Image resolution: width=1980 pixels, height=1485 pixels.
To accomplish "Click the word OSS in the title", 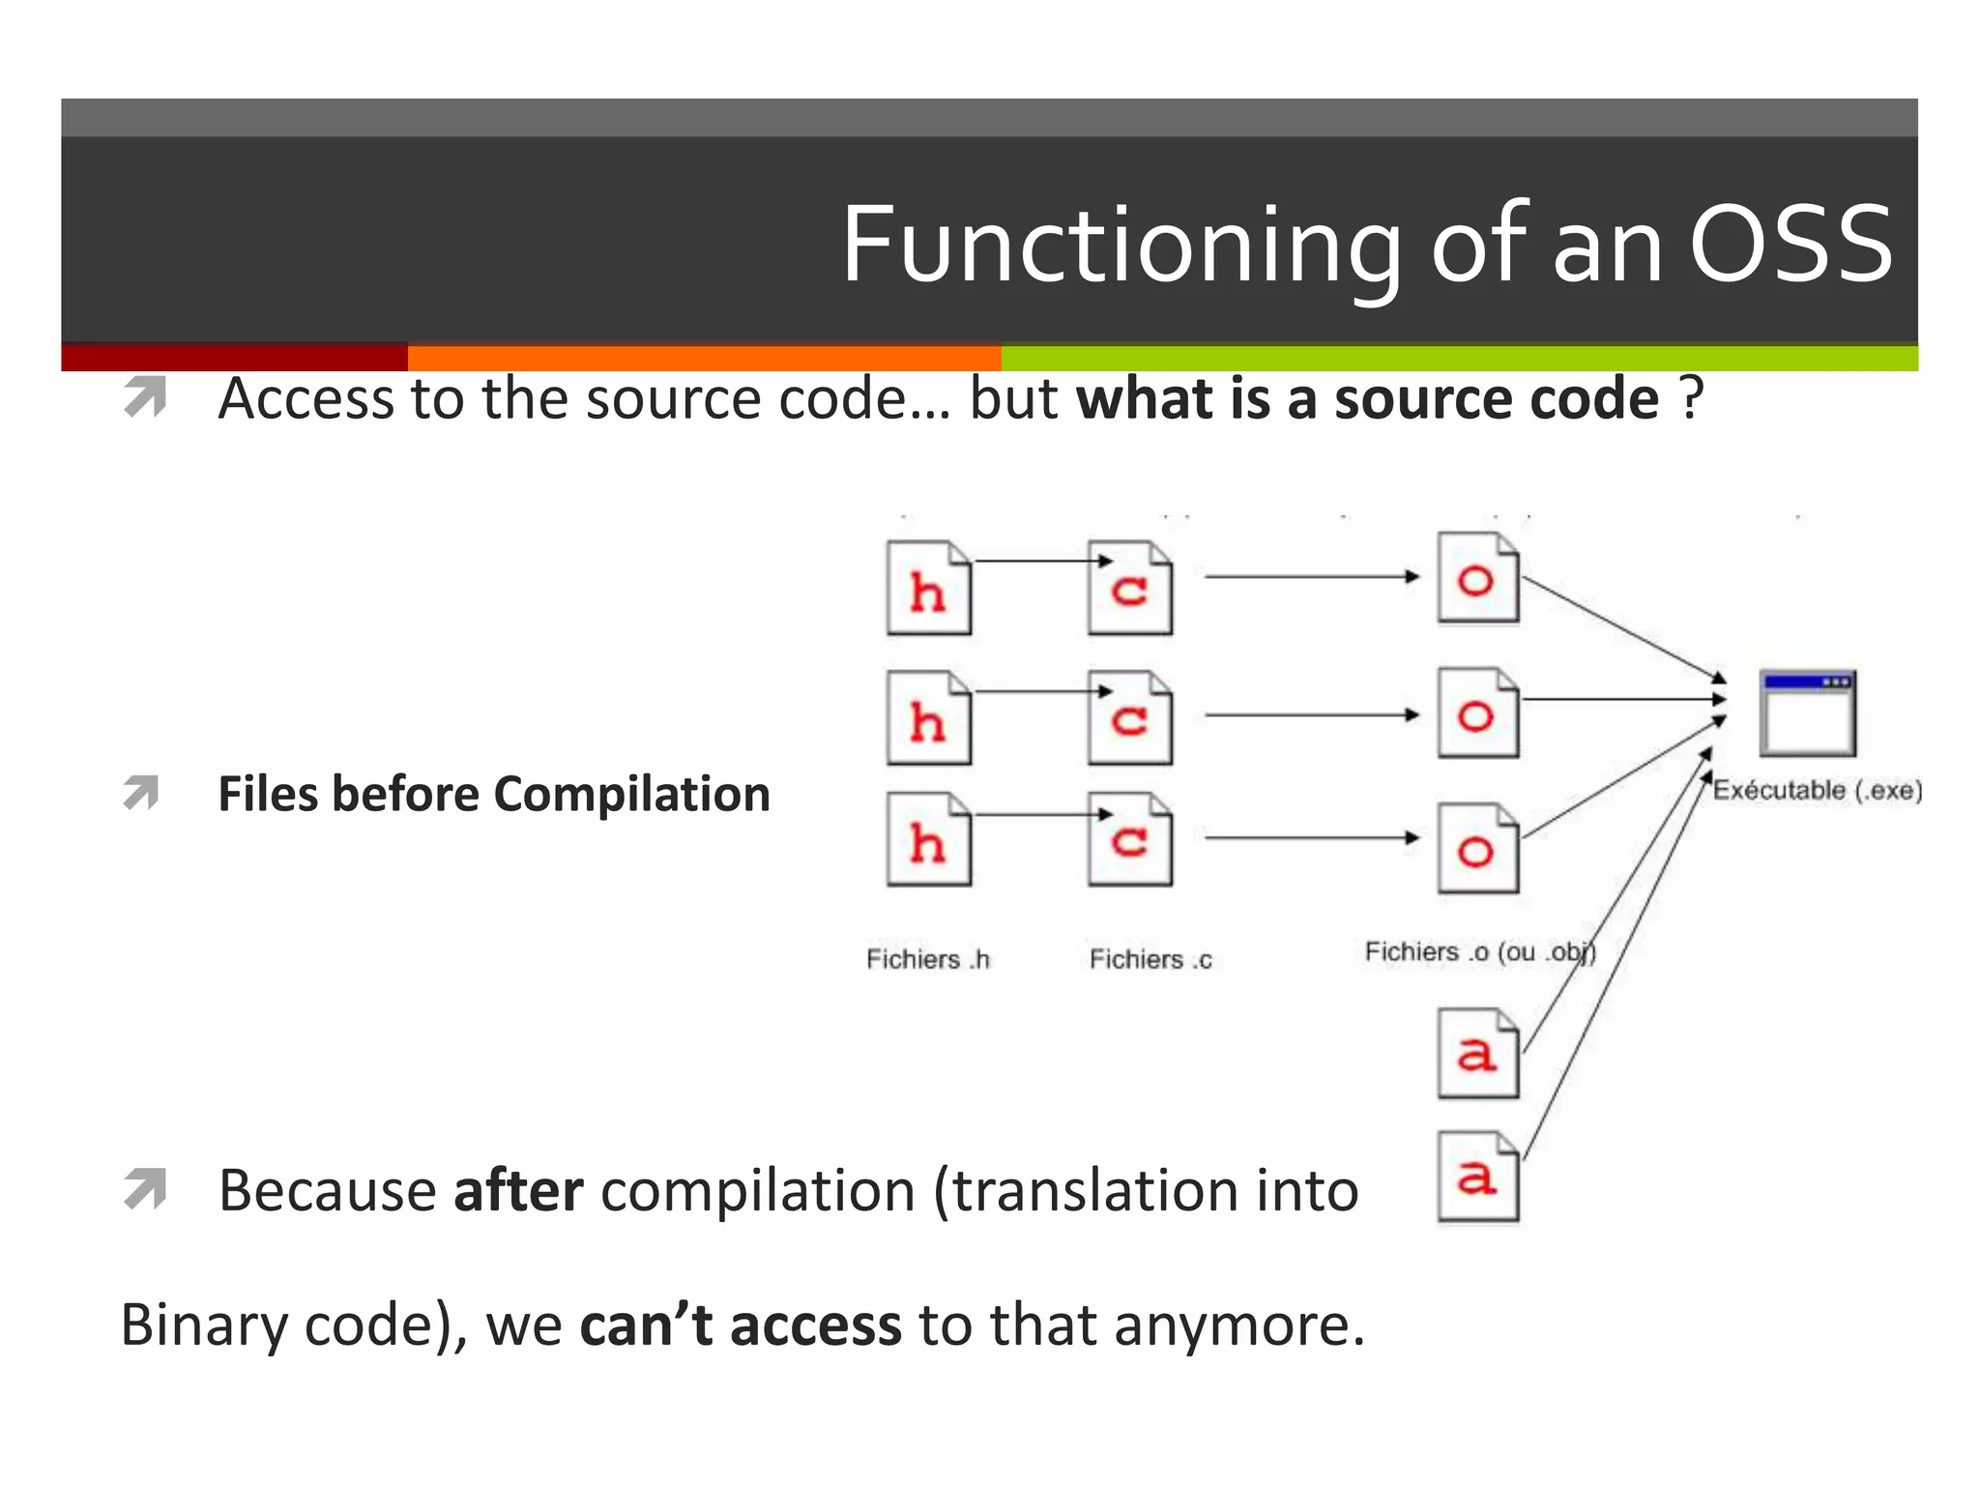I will [x=1790, y=246].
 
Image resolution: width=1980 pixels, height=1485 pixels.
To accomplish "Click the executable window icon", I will [x=1807, y=713].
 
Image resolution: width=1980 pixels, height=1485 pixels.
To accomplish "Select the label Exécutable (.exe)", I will [x=1817, y=790].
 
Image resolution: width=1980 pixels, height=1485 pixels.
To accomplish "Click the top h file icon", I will [x=928, y=588].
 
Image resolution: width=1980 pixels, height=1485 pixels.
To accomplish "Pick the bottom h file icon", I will [x=928, y=839].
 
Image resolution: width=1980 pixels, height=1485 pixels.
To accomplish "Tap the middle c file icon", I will [x=1129, y=717].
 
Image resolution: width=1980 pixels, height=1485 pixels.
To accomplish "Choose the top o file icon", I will [x=1477, y=578].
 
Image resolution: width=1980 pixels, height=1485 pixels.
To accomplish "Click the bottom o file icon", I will [x=1477, y=848].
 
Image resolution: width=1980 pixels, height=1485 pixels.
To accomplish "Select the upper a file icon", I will [x=1477, y=1053].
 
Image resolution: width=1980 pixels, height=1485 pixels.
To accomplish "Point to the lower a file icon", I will [x=1477, y=1177].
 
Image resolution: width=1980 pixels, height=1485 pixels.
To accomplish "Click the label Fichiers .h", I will [x=928, y=959].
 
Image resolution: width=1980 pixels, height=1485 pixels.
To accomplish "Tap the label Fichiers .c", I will [x=1150, y=959].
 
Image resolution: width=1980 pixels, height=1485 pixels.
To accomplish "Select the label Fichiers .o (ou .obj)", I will [x=1479, y=952].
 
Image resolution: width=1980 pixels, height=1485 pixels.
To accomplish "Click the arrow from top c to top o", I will [x=1311, y=577].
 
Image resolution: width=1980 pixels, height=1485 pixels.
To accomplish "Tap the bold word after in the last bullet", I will [x=518, y=1190].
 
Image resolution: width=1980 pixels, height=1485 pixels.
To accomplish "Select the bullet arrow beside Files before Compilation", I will [x=143, y=793].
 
